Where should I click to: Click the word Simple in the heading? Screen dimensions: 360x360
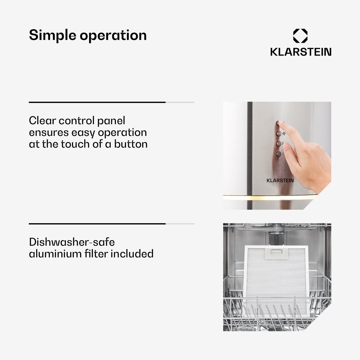pyautogui.click(x=52, y=35)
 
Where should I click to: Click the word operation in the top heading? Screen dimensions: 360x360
pyautogui.click(x=113, y=35)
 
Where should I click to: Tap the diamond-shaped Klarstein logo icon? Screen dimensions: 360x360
pyautogui.click(x=300, y=36)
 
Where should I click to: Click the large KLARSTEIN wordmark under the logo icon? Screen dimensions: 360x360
pyautogui.click(x=301, y=52)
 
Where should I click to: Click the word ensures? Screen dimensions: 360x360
pyautogui.click(x=49, y=133)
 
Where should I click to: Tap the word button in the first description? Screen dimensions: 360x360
pyautogui.click(x=131, y=144)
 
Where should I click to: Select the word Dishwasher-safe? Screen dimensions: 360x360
pyautogui.click(x=72, y=242)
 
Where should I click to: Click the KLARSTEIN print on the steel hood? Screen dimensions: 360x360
pyautogui.click(x=280, y=181)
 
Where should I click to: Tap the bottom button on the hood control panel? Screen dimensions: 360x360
pyautogui.click(x=278, y=154)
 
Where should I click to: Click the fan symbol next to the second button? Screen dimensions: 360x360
pyautogui.click(x=284, y=133)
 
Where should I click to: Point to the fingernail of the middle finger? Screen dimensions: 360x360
pyautogui.click(x=286, y=146)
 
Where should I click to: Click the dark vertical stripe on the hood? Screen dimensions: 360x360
pyautogui.click(x=250, y=155)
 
